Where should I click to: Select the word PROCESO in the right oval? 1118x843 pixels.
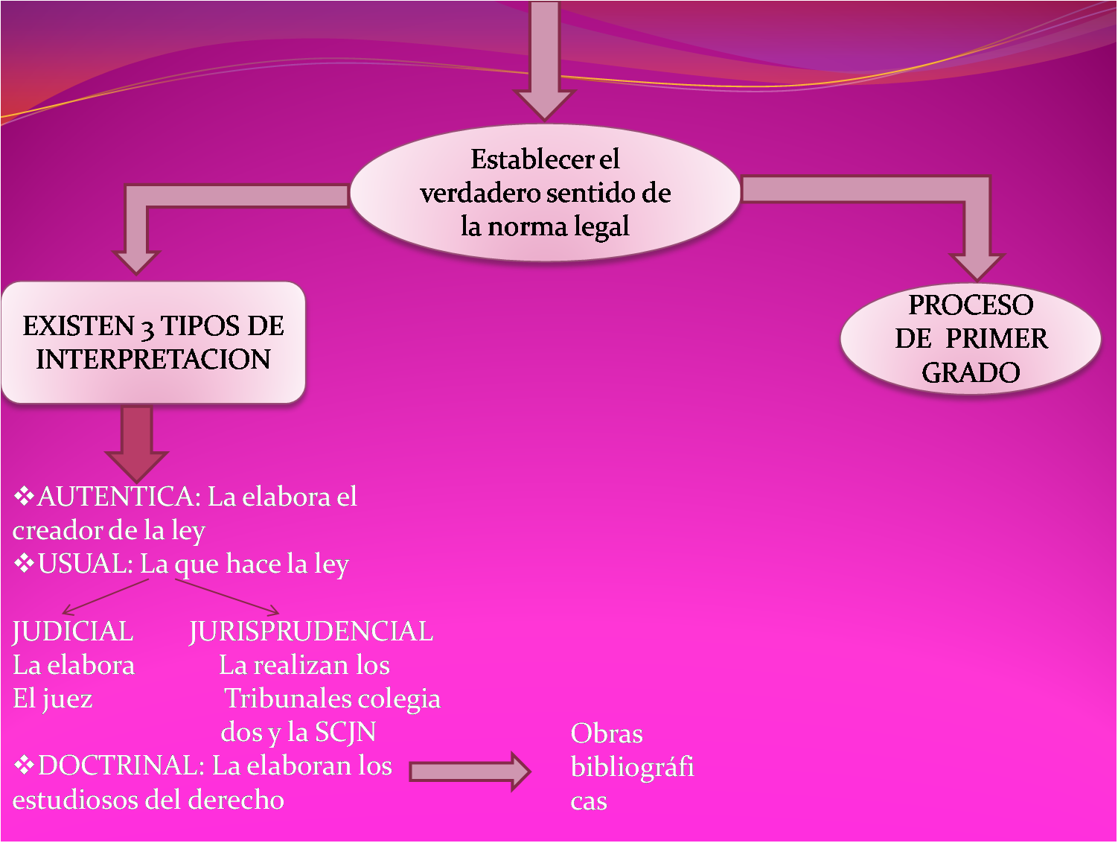pos(971,305)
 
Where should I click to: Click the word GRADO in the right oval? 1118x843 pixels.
pos(971,372)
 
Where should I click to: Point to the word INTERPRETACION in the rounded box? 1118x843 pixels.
pos(153,360)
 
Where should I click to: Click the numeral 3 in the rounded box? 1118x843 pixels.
pos(147,328)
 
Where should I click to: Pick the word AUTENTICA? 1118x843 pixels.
pos(116,497)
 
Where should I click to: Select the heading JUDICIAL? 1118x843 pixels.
pos(73,632)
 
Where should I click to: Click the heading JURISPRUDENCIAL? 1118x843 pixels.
pos(311,632)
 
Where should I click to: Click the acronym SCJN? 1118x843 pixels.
pos(345,732)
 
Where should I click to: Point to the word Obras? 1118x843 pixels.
pos(607,734)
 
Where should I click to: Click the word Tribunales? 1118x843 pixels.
pos(286,699)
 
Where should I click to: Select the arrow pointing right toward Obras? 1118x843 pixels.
pos(469,772)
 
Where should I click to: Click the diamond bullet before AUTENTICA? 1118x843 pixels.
pos(25,496)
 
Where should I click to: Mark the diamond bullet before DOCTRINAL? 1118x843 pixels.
pos(25,765)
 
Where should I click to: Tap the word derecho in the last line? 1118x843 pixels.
pos(237,800)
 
